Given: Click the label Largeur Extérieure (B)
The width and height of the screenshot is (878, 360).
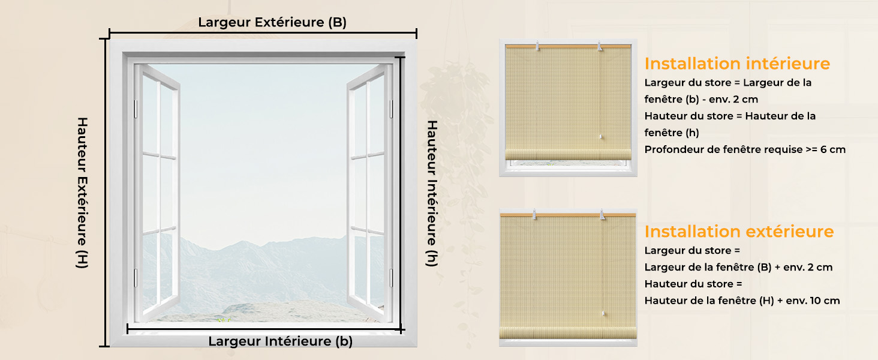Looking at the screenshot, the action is click(272, 22).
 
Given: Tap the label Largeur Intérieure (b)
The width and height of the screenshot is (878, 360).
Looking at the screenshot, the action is click(280, 341).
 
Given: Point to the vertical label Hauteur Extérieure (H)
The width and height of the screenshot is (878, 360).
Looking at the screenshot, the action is click(82, 193).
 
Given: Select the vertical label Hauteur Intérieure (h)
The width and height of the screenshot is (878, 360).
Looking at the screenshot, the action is click(432, 194).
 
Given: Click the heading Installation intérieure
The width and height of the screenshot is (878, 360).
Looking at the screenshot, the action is click(737, 64).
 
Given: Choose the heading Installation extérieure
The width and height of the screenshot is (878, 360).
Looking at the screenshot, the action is click(739, 232).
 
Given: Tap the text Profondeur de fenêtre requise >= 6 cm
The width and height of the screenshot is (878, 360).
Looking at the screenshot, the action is click(745, 149).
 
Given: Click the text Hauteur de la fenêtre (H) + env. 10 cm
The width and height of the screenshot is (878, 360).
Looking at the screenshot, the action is click(742, 301).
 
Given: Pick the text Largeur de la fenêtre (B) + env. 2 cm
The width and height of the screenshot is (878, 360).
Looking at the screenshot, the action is click(738, 267).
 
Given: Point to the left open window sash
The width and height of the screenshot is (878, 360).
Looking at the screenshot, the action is click(157, 192).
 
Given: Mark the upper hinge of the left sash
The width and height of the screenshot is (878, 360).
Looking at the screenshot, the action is click(136, 109).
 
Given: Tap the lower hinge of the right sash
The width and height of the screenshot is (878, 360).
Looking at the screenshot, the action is click(391, 278).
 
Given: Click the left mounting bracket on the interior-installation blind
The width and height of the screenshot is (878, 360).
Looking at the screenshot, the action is click(537, 46).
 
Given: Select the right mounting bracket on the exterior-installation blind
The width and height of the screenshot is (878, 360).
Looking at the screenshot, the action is click(603, 215).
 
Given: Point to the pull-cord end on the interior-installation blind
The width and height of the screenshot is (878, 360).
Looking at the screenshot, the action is click(600, 137).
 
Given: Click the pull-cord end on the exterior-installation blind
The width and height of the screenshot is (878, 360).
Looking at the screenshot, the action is click(603, 313).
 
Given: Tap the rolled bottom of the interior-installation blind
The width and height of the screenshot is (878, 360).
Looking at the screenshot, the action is click(568, 154).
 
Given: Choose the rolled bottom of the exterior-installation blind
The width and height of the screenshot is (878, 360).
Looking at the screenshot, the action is click(568, 332).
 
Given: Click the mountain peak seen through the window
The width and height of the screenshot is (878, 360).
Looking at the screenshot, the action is click(243, 242).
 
